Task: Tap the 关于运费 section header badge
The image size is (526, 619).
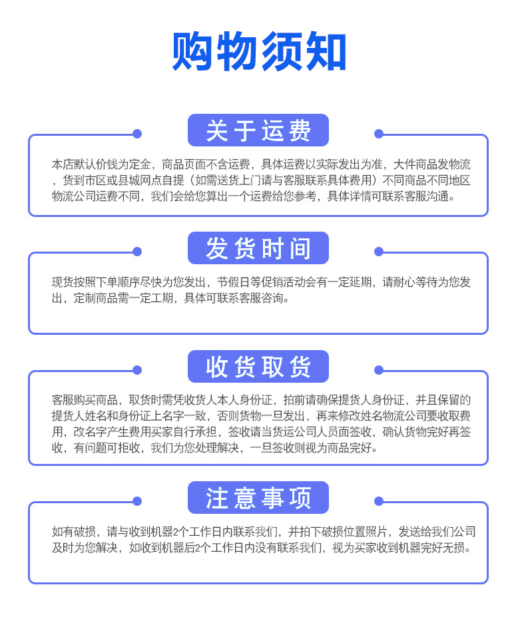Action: tap(258, 130)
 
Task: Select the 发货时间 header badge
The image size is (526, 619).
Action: tap(258, 248)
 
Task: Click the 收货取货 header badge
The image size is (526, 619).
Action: tap(258, 367)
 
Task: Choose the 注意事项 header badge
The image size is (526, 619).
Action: tap(258, 498)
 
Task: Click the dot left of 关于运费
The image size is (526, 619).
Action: tap(137, 134)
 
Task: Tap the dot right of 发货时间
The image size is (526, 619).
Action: tap(379, 252)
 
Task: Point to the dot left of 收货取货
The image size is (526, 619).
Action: tap(137, 370)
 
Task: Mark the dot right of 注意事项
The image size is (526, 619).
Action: tap(379, 501)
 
